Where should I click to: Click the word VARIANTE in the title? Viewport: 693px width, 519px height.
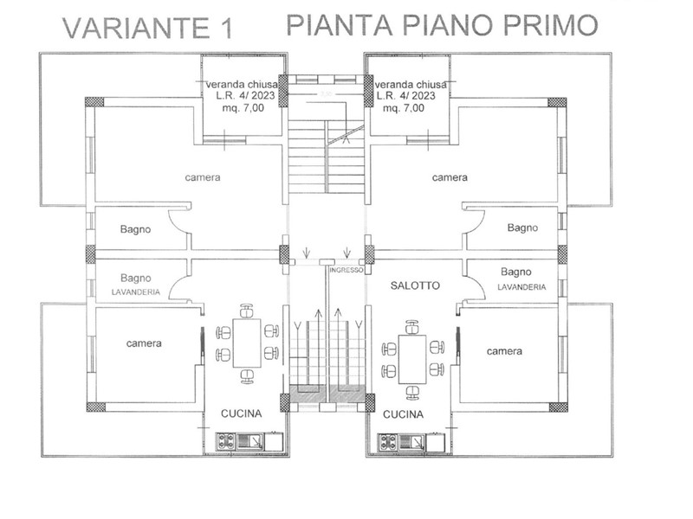[x=135, y=29]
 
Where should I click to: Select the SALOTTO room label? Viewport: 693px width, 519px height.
[x=415, y=285]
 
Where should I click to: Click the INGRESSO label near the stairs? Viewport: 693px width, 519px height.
[x=346, y=270]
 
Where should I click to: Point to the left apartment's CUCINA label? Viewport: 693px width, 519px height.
[x=242, y=413]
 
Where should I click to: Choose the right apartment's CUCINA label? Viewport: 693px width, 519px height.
[x=403, y=414]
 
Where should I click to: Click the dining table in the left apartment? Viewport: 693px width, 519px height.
[x=247, y=343]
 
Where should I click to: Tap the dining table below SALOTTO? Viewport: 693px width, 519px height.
[x=412, y=360]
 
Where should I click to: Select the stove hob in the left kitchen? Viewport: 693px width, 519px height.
[x=226, y=441]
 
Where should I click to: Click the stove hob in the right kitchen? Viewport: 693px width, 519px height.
[x=387, y=443]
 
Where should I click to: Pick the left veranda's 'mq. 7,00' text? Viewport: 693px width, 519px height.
[x=243, y=107]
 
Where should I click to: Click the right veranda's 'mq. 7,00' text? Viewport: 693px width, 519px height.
[x=404, y=107]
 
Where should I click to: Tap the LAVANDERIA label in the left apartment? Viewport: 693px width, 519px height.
[x=136, y=292]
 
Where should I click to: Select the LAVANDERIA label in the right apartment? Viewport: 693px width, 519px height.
[x=522, y=287]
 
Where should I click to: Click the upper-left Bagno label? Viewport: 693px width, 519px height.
[x=135, y=229]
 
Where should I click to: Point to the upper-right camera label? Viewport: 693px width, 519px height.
[x=450, y=177]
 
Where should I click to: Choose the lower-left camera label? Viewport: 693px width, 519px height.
[x=144, y=343]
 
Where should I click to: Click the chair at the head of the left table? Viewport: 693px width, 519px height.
[x=247, y=311]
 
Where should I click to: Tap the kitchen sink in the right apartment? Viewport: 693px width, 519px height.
[x=412, y=442]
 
